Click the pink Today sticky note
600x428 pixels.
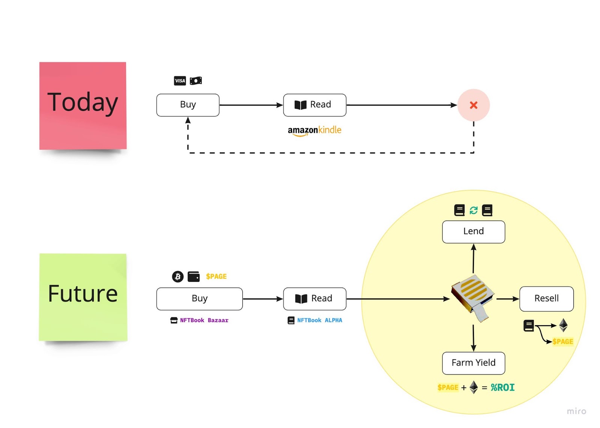83,105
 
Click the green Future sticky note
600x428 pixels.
83,297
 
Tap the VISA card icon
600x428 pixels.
180,81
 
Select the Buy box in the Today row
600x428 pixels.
188,105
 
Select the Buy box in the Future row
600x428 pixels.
199,299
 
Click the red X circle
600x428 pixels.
474,105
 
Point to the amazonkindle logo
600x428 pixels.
314,131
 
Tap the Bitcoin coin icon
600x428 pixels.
178,276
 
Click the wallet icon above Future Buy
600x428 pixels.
193,276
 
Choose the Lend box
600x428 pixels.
473,231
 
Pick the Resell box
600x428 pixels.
546,299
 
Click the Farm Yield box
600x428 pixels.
473,363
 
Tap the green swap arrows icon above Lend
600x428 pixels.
474,210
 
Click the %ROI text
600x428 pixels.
502,387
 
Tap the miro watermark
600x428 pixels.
576,411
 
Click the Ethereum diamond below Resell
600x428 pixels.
563,325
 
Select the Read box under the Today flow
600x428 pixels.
315,105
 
